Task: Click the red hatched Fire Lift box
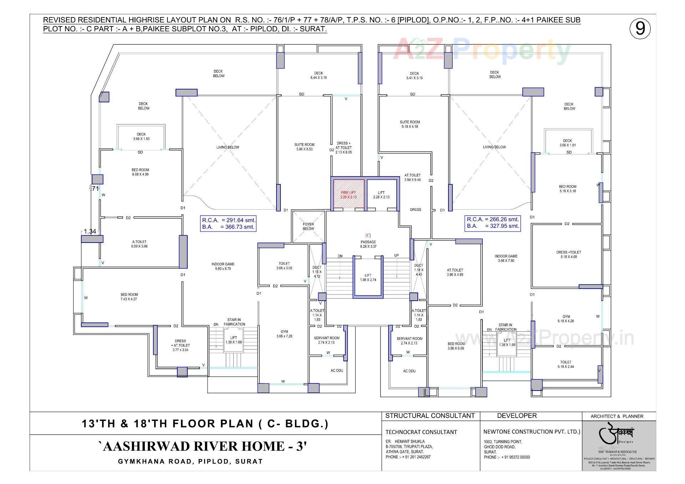[349, 195]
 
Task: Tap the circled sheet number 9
[640, 29]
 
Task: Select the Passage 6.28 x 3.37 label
[368, 244]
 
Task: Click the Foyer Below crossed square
[308, 227]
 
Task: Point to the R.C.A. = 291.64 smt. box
[228, 223]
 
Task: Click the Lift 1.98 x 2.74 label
[368, 277]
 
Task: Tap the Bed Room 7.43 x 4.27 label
[129, 297]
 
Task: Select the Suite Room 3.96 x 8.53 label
[304, 147]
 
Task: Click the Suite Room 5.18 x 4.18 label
[410, 124]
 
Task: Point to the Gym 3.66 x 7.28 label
[284, 334]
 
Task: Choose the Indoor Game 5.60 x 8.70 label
[223, 266]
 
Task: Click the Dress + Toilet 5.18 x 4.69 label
[569, 254]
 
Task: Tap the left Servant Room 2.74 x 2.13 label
[326, 340]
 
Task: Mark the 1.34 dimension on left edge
[90, 231]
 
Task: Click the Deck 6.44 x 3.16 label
[319, 75]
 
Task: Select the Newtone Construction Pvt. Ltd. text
[532, 432]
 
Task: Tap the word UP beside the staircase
[396, 255]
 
